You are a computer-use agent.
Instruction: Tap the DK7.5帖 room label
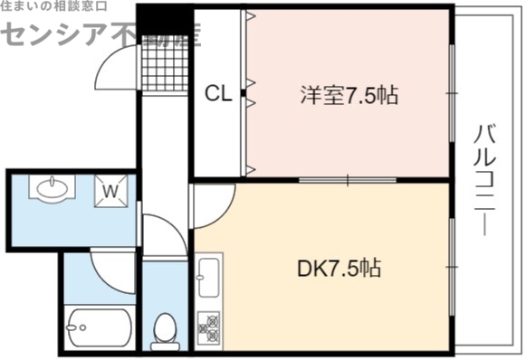click(x=339, y=268)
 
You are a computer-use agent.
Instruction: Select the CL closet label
click(x=217, y=92)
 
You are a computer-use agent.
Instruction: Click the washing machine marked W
click(x=111, y=191)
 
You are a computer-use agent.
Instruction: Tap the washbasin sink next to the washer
click(x=50, y=189)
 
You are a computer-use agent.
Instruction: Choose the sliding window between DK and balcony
click(x=451, y=267)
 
